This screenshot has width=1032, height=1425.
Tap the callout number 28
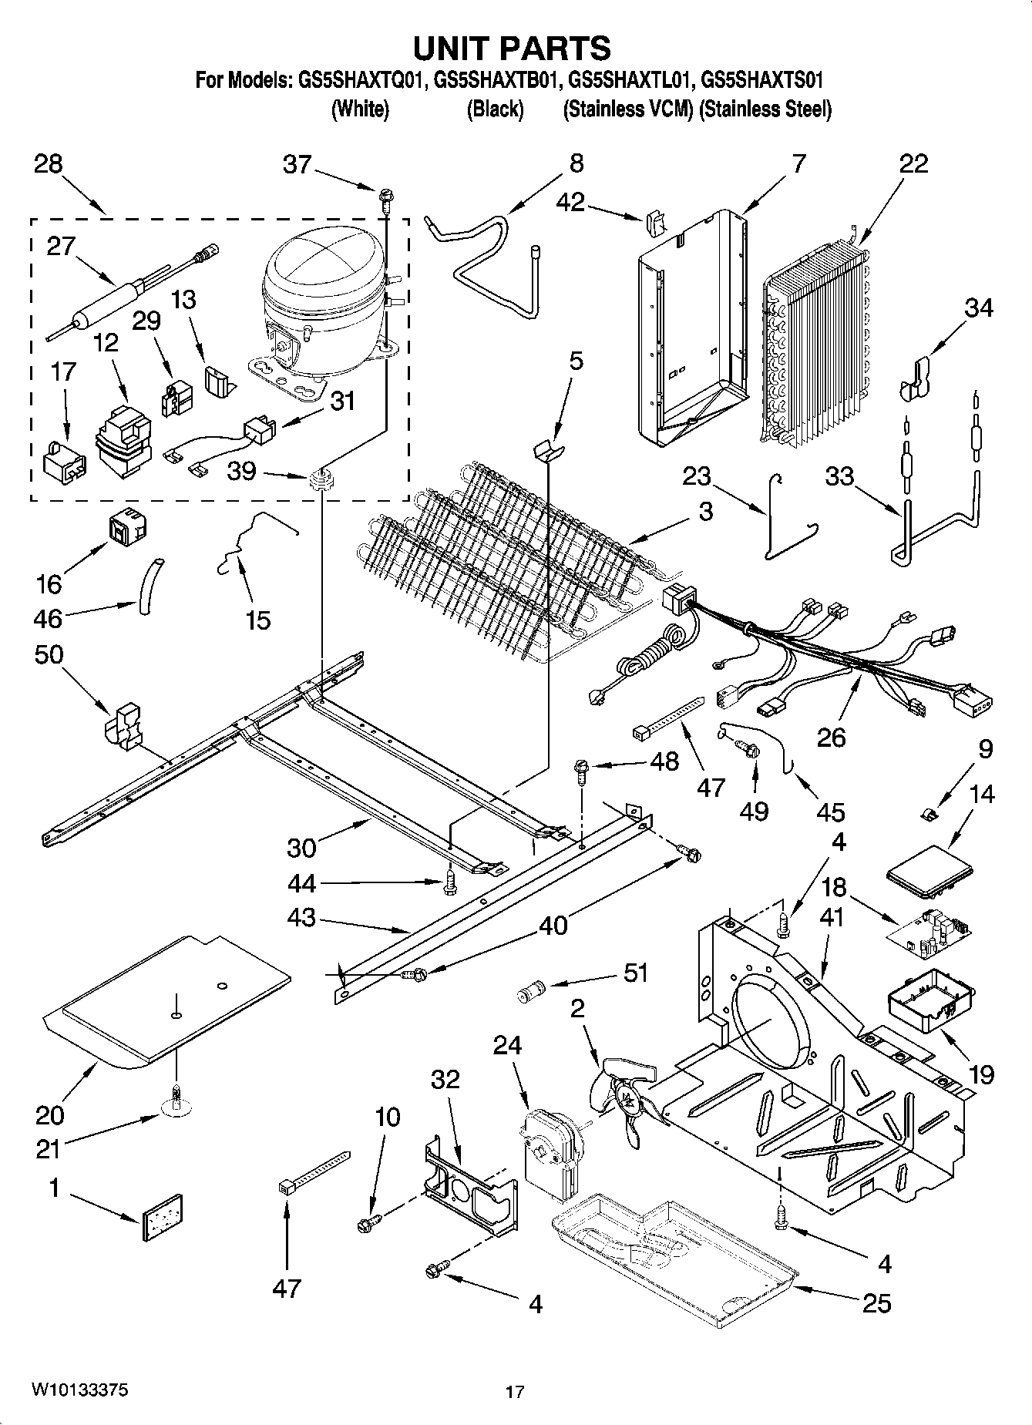click(x=49, y=164)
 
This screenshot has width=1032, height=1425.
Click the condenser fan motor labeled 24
click(x=550, y=1151)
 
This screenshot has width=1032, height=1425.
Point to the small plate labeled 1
click(x=163, y=1218)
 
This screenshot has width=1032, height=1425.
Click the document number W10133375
click(x=80, y=1390)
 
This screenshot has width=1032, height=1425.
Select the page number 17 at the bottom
click(x=515, y=1392)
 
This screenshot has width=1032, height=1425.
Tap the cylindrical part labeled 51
click(x=529, y=990)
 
